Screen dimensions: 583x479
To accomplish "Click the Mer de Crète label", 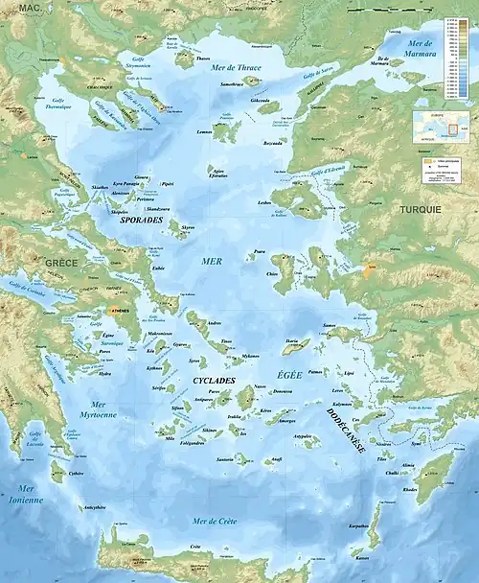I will (216, 521).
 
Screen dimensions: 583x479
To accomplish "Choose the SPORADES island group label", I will (141, 219).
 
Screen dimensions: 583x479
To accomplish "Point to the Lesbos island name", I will (265, 203).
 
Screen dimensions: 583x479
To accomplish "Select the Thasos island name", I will (202, 58).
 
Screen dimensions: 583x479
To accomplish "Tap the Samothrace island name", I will (231, 84).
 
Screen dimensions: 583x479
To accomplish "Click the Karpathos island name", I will (358, 526).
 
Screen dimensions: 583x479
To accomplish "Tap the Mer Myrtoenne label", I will (102, 409).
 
